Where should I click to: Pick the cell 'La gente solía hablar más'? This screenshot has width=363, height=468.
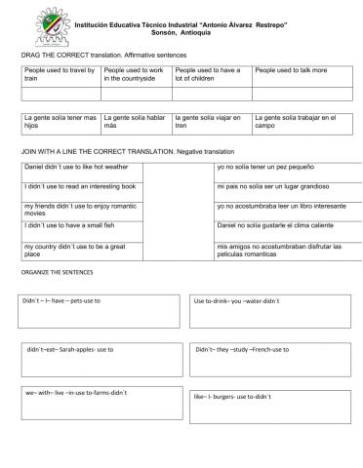(135, 121)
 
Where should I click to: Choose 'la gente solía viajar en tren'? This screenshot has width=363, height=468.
(209, 121)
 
